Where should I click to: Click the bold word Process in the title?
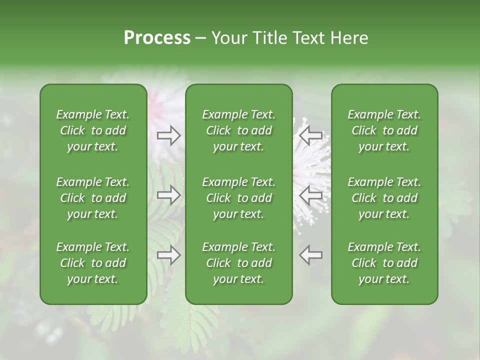click(157, 38)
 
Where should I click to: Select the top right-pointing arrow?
click(169, 135)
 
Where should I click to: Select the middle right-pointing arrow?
click(169, 195)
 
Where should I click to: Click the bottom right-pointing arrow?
click(169, 255)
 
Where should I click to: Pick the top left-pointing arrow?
click(311, 135)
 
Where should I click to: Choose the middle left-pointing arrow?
click(311, 195)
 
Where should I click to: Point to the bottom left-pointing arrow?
click(311, 255)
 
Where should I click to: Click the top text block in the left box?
click(93, 130)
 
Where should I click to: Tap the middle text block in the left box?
click(93, 198)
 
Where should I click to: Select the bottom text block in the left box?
click(93, 263)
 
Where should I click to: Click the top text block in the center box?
click(238, 130)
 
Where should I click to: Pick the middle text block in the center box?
click(238, 198)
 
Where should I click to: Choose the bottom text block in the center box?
click(238, 263)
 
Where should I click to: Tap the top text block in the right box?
click(384, 130)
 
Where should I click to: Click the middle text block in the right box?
click(384, 198)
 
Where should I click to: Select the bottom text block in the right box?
click(384, 263)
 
